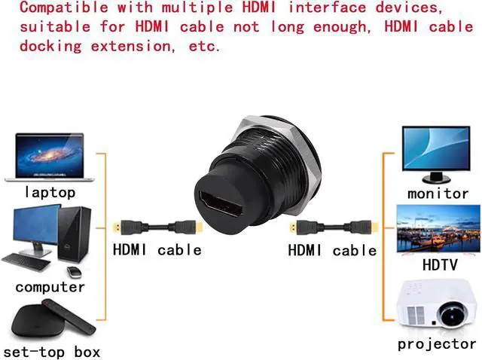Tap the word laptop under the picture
tap(50, 192)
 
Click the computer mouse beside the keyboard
tap(74, 271)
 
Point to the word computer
tap(50, 287)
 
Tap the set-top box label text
tap(51, 351)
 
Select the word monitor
tap(438, 193)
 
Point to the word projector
tap(436, 344)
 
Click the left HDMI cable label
tap(157, 249)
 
